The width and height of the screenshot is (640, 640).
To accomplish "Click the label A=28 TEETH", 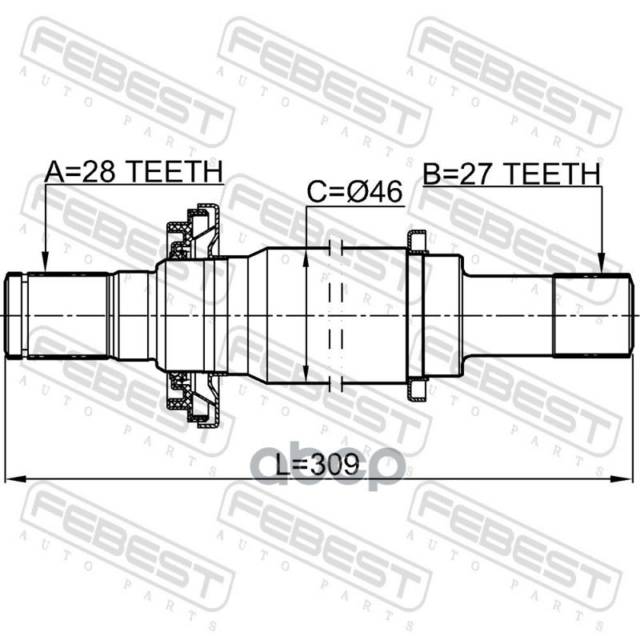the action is point(134,171).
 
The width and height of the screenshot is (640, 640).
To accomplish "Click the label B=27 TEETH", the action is point(511,174).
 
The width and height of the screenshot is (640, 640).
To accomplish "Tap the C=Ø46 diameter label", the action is point(354,192).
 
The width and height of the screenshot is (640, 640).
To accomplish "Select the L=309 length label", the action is point(317,465).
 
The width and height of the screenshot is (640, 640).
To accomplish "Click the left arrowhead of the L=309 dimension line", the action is point(14,478).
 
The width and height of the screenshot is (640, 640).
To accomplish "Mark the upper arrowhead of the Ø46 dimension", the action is point(306,258).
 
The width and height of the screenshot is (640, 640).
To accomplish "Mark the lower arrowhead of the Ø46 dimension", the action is point(306,374).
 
